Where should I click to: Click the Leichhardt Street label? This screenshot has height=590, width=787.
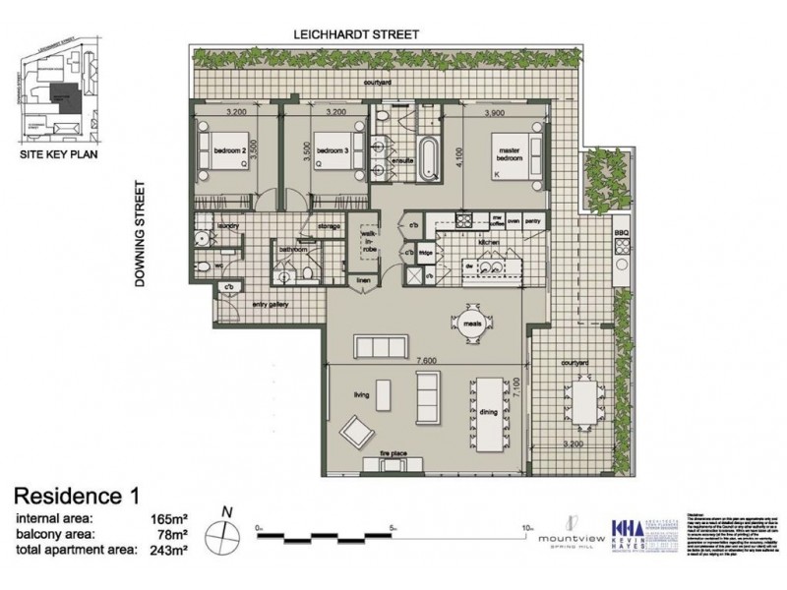[357, 33]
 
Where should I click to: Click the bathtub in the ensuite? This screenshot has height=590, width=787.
[430, 158]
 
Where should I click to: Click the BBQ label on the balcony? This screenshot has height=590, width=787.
[620, 233]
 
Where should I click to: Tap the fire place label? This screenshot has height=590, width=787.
[393, 453]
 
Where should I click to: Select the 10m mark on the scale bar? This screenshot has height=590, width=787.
[529, 528]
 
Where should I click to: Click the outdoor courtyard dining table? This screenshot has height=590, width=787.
[587, 406]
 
